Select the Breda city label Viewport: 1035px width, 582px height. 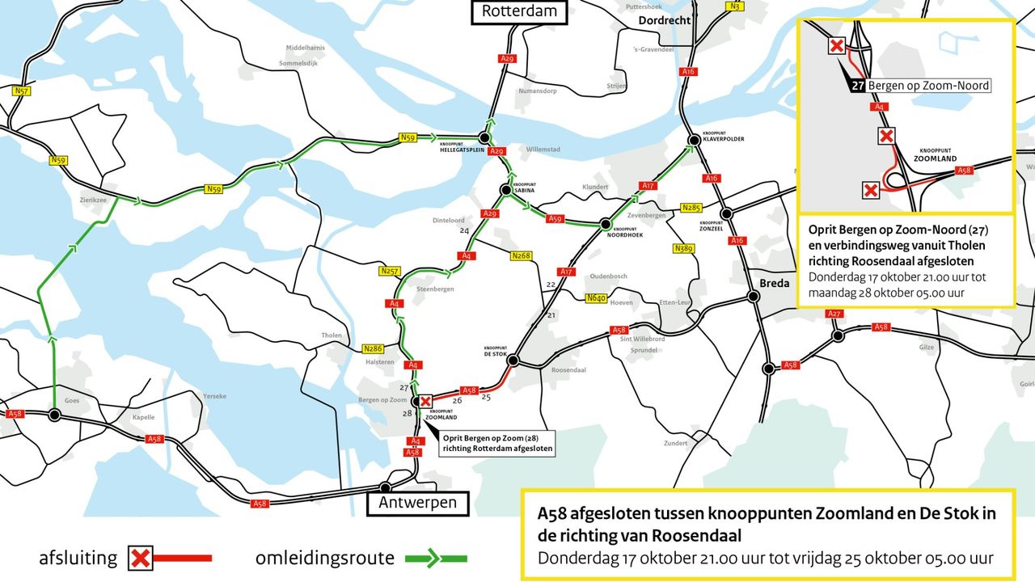[x=775, y=283]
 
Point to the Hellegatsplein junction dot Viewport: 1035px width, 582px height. [x=484, y=137]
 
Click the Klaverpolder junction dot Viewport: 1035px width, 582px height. [x=693, y=139]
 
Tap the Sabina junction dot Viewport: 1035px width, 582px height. [x=505, y=190]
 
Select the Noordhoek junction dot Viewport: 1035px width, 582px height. [x=604, y=224]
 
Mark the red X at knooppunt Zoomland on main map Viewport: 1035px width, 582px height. [x=425, y=401]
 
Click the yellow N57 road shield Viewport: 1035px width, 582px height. [x=22, y=91]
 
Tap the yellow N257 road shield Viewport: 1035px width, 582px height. [x=390, y=272]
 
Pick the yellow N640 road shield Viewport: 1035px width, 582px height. [x=596, y=298]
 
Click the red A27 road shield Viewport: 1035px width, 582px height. [x=835, y=314]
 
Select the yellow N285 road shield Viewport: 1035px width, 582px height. [x=691, y=207]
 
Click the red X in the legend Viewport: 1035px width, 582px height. [x=141, y=558]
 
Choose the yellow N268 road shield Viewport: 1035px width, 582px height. [x=521, y=256]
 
